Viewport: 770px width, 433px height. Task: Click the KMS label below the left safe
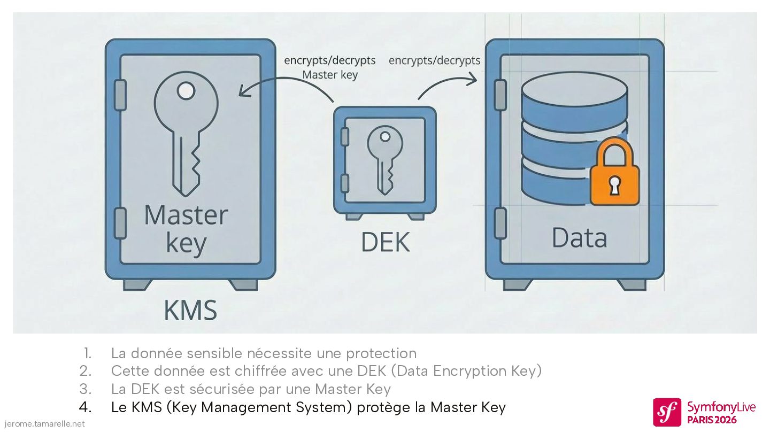pos(190,310)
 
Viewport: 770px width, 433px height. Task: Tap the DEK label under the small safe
pos(385,242)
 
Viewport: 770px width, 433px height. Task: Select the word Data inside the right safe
pos(579,238)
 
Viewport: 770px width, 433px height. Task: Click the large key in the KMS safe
pos(186,134)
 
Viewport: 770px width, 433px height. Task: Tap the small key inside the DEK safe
pos(384,158)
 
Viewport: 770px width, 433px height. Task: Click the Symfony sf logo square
pos(667,412)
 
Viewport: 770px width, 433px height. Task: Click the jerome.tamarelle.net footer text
pos(43,424)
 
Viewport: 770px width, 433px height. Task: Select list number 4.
pos(86,407)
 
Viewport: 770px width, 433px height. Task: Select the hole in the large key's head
pos(186,91)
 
